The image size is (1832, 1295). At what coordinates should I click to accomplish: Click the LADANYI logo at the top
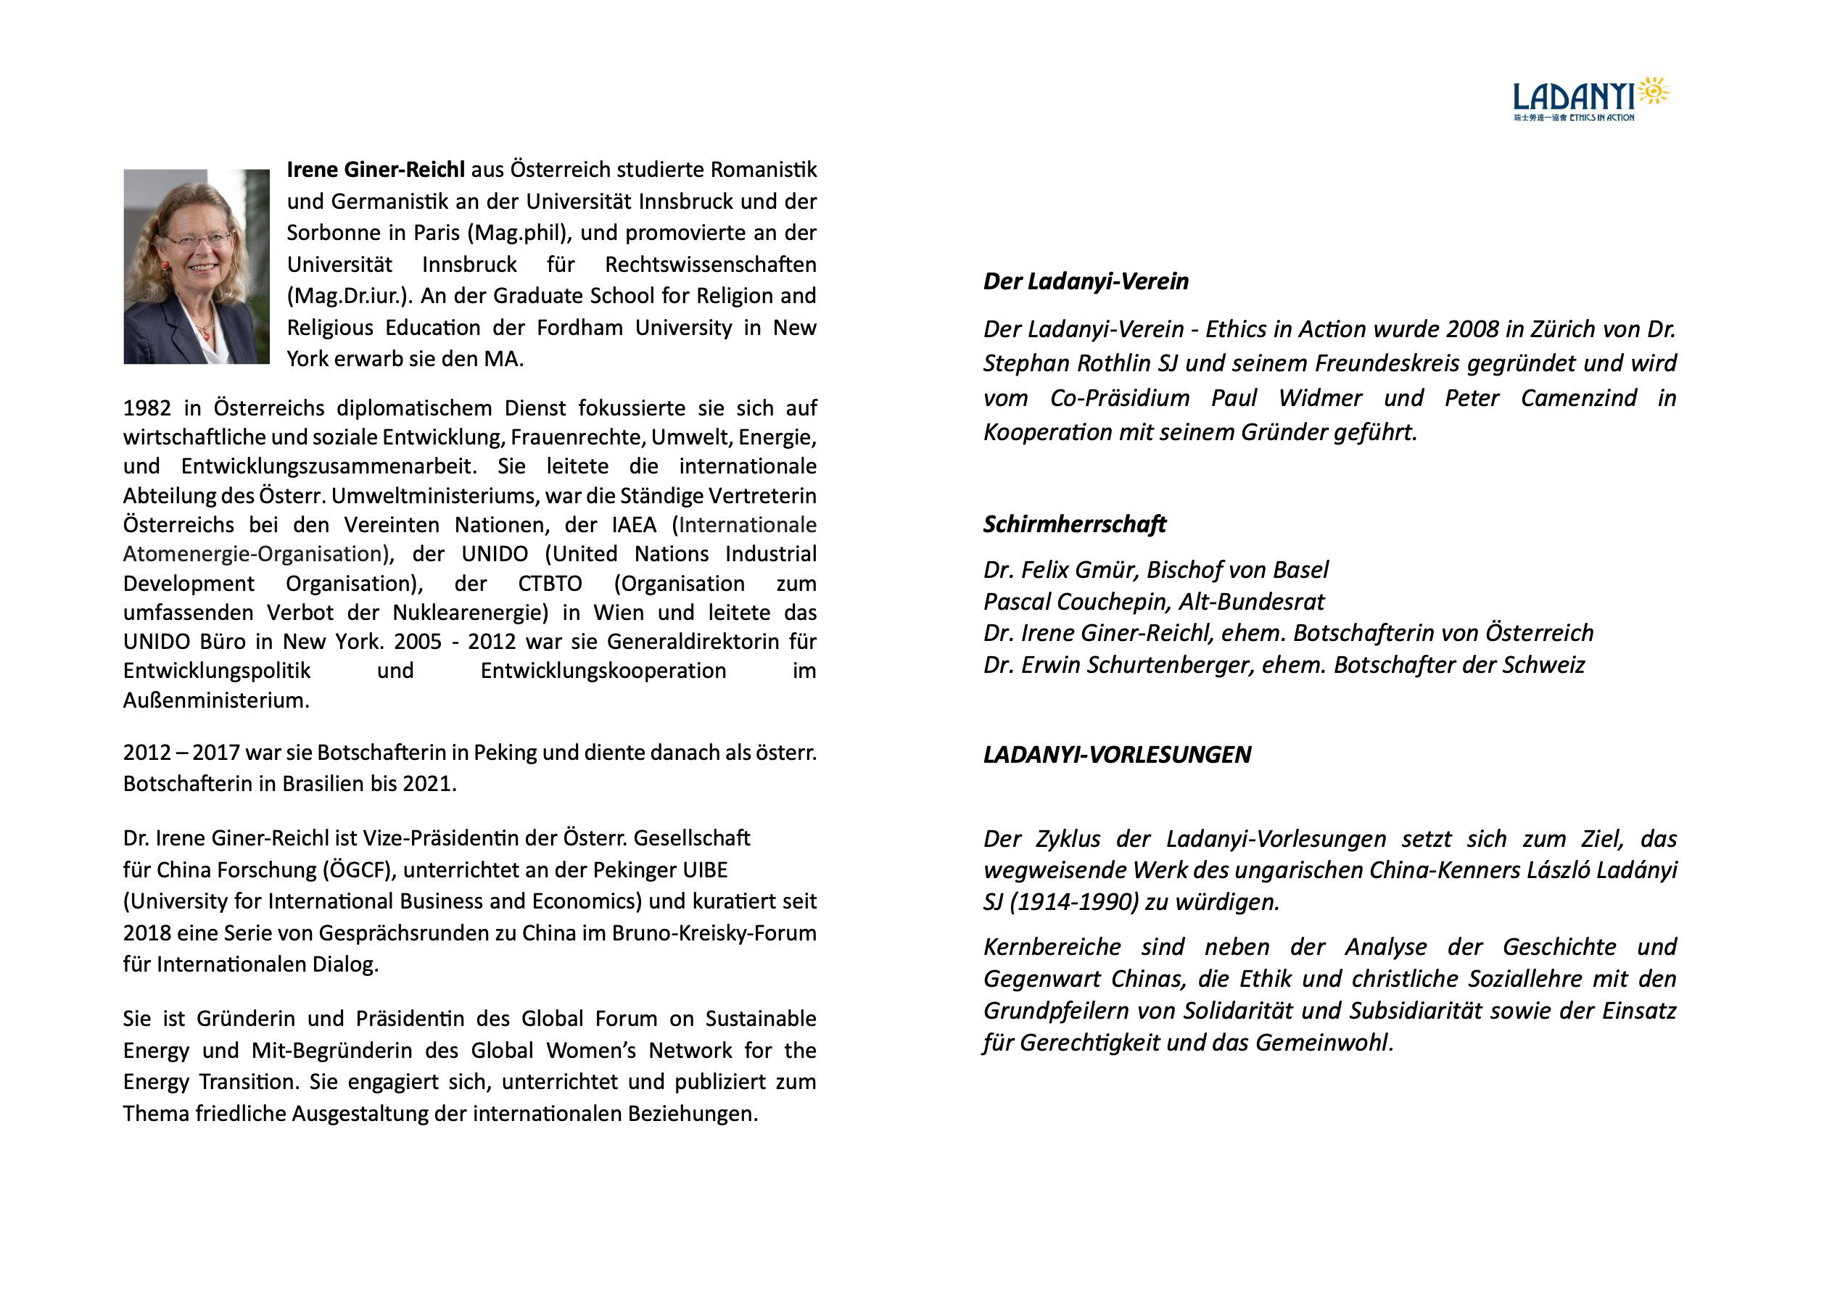pos(1590,99)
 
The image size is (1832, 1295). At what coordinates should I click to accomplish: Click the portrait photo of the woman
pos(197,267)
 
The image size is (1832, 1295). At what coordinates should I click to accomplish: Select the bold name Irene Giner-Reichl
pos(375,170)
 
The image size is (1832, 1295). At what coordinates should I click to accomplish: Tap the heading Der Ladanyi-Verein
pos(1085,281)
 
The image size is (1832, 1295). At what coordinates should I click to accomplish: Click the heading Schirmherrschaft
pos(1074,524)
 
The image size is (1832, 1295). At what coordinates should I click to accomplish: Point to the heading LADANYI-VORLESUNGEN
pos(1116,755)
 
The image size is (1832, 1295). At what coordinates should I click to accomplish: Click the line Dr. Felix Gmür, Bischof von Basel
pos(1155,570)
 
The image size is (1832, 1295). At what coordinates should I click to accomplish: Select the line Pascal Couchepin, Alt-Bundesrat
pos(1153,602)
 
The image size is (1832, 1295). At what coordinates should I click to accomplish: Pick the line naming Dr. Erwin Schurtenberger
pos(1283,665)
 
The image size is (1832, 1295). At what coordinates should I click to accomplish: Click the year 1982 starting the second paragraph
pos(147,408)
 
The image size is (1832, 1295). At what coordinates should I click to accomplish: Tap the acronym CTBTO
pos(550,584)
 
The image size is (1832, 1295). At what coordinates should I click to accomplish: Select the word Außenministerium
pos(215,700)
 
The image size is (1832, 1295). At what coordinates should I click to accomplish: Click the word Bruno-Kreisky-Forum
pos(714,934)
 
